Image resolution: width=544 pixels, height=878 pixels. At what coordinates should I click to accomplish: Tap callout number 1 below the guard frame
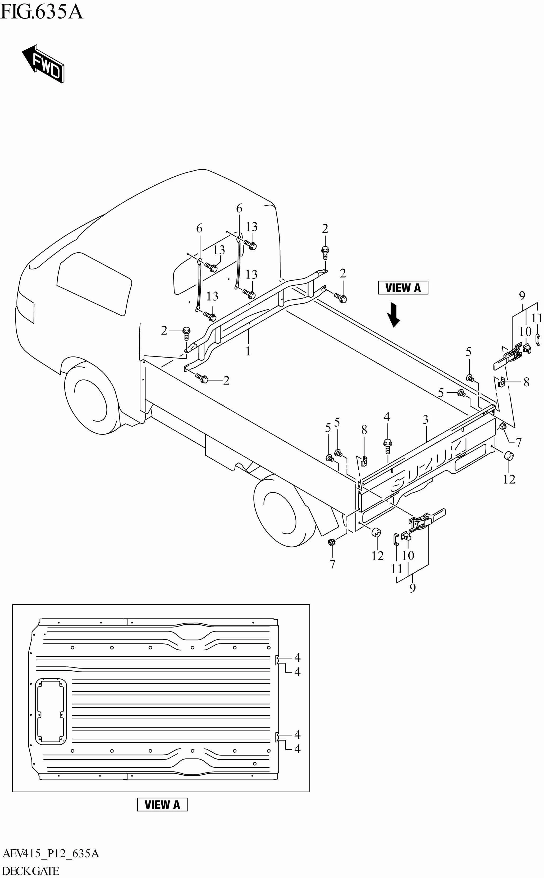tap(248, 351)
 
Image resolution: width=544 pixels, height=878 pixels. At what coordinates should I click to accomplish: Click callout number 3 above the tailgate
tap(426, 419)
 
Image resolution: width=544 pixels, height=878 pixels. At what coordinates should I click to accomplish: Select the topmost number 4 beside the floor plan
tap(297, 657)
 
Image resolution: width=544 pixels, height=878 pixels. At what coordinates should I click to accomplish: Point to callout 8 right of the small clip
tap(526, 382)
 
